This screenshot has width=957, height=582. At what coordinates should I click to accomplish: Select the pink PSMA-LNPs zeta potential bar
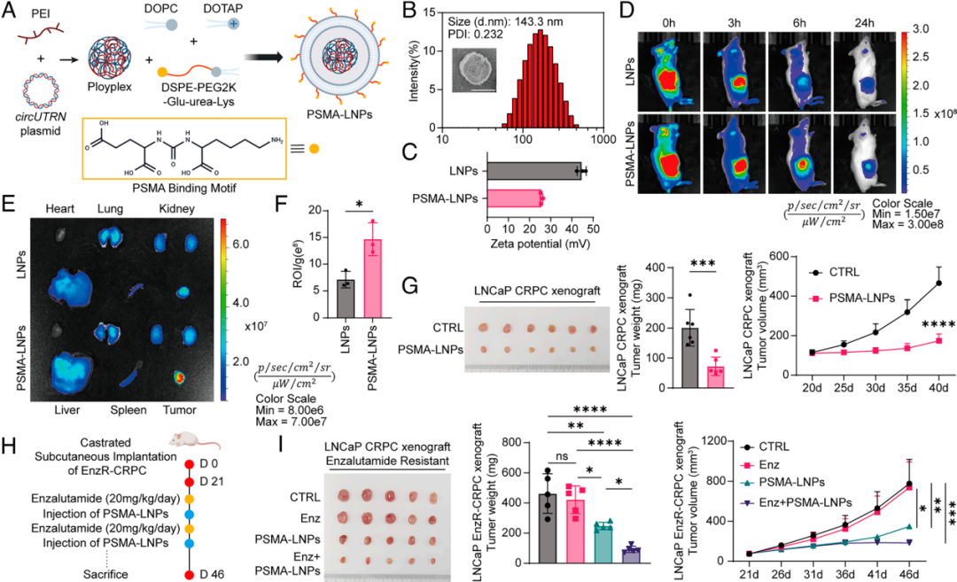pyautogui.click(x=515, y=197)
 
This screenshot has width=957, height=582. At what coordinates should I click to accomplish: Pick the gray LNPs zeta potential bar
pyautogui.click(x=534, y=169)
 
